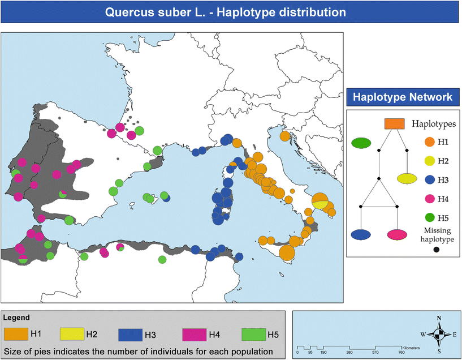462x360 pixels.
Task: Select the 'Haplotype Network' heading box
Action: click(402, 97)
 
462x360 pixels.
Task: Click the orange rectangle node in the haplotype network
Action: click(394, 123)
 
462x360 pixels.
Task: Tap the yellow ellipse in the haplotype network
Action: click(408, 179)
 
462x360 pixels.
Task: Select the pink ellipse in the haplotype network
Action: click(397, 234)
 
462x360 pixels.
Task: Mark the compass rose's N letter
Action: click(439, 318)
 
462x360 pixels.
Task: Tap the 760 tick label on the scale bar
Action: click(401, 352)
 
